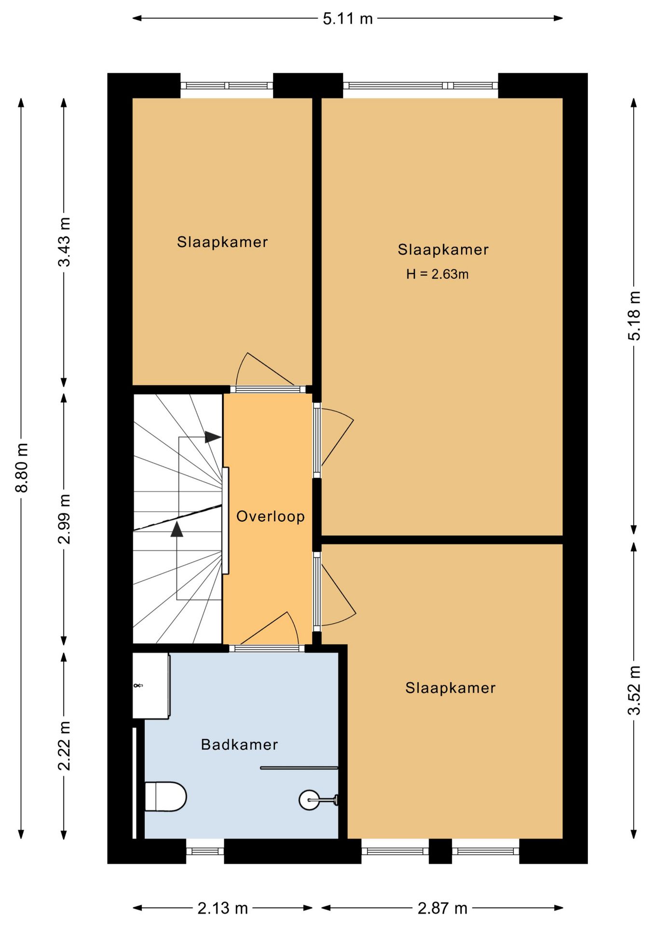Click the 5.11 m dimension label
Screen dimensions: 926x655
tap(347, 19)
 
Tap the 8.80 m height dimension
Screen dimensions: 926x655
tap(22, 467)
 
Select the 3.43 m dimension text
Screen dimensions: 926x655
tap(64, 242)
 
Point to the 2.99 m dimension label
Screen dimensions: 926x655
tap(64, 519)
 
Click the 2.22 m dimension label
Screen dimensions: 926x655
tap(64, 746)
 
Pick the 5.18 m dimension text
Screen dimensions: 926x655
tap(634, 316)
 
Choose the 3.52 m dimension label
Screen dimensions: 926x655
tap(634, 690)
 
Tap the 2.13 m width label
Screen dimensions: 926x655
tap(222, 908)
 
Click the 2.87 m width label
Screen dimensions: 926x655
tap(442, 908)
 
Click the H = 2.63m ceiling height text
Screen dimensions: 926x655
tap(437, 274)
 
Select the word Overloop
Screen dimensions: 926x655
tap(270, 517)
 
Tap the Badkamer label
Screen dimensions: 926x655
tap(239, 745)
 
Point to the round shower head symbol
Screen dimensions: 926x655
tap(309, 800)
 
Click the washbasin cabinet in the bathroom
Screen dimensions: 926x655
tap(151, 685)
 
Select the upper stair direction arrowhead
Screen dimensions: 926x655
tap(212, 437)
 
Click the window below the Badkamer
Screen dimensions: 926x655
tap(205, 851)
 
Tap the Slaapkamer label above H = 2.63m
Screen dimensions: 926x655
tap(443, 249)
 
